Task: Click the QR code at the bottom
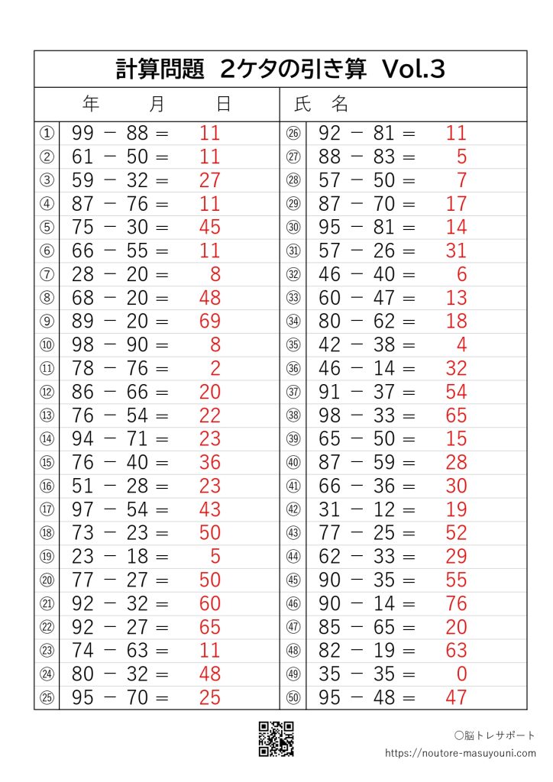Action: pos(276,738)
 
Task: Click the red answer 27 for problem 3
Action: pos(209,180)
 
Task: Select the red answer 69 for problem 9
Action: pos(209,322)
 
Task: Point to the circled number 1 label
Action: pos(47,134)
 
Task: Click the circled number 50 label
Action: pos(293,698)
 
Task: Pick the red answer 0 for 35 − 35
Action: pos(461,674)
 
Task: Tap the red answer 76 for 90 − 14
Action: pos(456,603)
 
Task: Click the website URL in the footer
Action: pos(461,753)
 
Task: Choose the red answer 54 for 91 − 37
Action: pos(456,392)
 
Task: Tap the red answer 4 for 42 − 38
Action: pos(461,345)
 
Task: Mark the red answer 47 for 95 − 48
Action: pos(456,698)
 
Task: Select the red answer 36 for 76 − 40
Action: pos(209,463)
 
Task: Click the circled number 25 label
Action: pos(47,698)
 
